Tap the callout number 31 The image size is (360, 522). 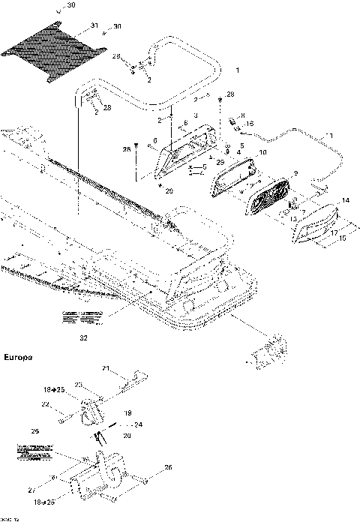[x=94, y=26]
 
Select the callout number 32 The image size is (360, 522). [x=82, y=338]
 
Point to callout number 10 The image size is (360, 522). [x=262, y=153]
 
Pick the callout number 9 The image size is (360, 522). [x=295, y=173]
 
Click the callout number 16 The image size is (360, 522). [x=250, y=123]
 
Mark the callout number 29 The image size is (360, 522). [x=220, y=163]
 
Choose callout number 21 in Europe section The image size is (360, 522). [x=106, y=368]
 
